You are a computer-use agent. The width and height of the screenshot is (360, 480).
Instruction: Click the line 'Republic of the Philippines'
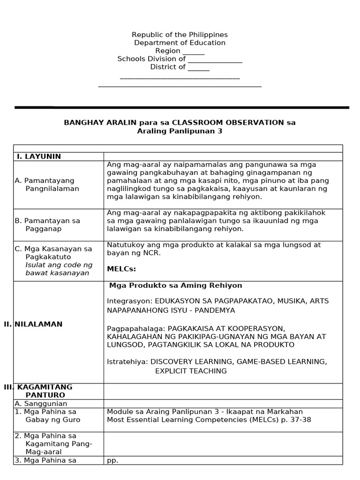coord(180,35)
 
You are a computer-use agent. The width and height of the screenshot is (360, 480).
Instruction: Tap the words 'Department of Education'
coord(180,43)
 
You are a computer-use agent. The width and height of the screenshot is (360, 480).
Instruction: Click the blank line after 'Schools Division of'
coord(215,60)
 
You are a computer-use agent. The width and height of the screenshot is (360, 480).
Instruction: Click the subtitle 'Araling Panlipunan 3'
coord(180,131)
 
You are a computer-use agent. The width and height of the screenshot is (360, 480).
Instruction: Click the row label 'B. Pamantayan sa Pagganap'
coord(47,225)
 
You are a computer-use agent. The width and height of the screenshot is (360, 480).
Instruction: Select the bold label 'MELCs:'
coord(121,269)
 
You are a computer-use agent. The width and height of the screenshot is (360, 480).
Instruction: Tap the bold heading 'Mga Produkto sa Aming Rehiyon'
coord(176,285)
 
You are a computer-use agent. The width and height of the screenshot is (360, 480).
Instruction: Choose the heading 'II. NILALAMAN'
coord(33,324)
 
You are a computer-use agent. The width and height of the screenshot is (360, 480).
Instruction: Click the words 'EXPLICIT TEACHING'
coord(191,371)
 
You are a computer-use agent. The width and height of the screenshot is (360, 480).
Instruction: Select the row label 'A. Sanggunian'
coord(41,404)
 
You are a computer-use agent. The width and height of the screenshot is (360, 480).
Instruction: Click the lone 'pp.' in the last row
coord(112,460)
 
